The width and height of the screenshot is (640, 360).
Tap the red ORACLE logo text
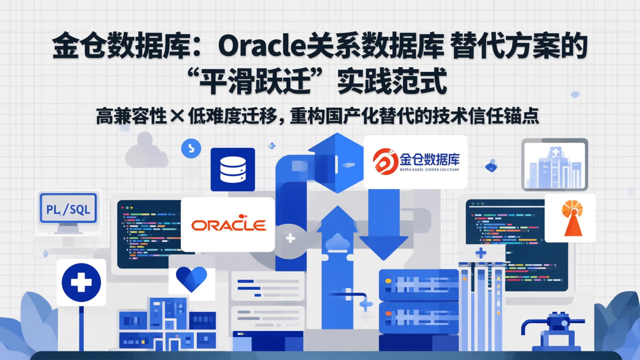click(x=228, y=225)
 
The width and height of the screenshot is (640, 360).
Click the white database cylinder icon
click(x=233, y=169)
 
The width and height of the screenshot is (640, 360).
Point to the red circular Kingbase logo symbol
click(x=385, y=161)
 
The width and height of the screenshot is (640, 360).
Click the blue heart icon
click(x=192, y=279)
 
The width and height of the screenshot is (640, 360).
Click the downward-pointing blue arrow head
click(x=383, y=247)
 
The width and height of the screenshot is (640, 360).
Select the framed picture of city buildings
click(x=554, y=164)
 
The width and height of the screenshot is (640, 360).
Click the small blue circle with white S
click(x=191, y=148)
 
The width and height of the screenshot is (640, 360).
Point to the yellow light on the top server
click(x=388, y=281)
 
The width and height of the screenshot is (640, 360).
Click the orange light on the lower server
click(x=388, y=314)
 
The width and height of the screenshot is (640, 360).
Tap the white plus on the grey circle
click(x=290, y=238)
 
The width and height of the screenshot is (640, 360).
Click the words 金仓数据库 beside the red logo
click(x=429, y=159)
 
